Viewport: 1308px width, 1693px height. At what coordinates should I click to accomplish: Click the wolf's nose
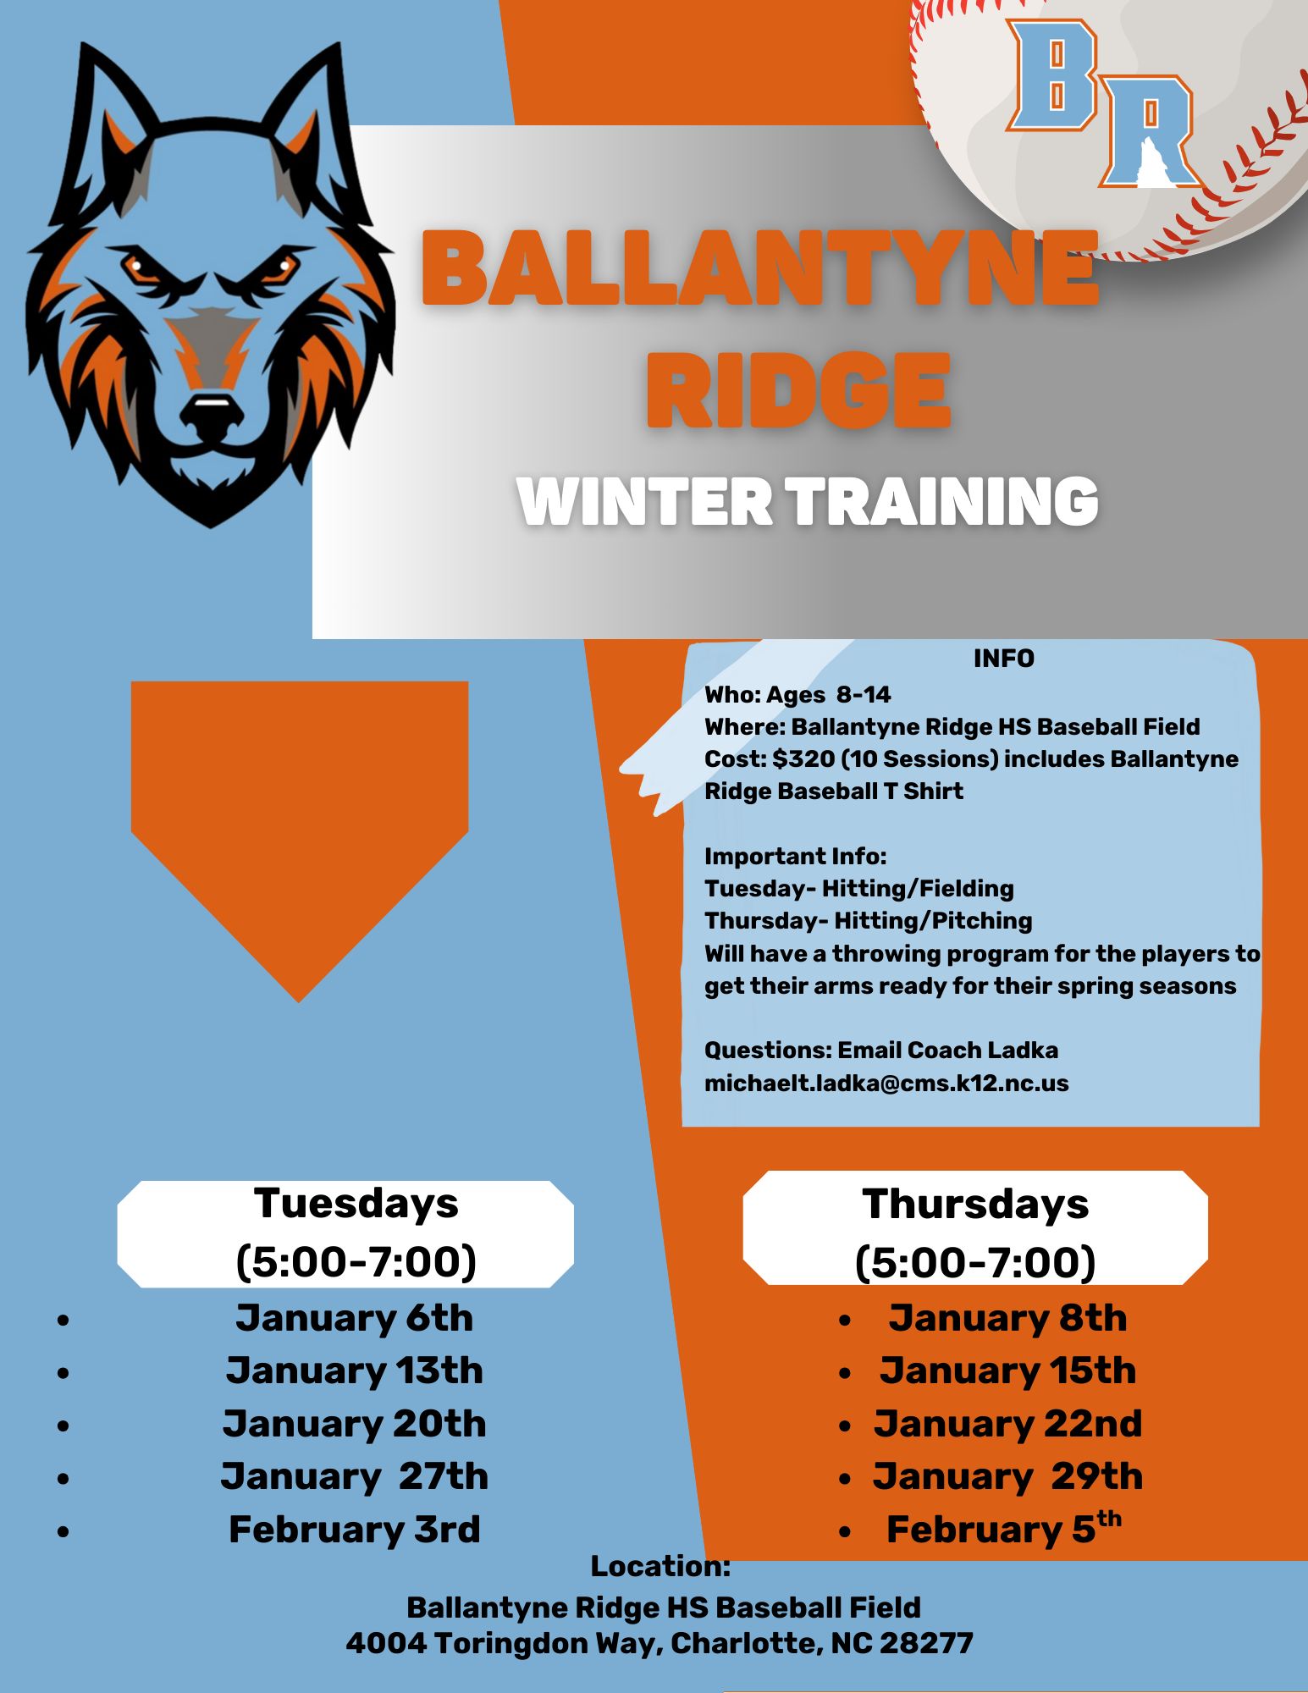(x=211, y=407)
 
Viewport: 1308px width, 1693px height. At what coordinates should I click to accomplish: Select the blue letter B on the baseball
(x=1052, y=76)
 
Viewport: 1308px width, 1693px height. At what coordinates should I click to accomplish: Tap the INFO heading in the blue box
(x=1004, y=659)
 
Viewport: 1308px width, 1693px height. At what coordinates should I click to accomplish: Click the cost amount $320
(x=803, y=759)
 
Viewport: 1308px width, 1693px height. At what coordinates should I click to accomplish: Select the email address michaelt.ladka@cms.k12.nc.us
(x=886, y=1084)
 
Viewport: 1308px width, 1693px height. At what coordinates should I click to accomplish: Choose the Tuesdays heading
(x=356, y=1203)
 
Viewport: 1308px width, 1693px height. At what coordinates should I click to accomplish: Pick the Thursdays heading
(x=975, y=1204)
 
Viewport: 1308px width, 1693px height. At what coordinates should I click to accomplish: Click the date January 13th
(x=354, y=1370)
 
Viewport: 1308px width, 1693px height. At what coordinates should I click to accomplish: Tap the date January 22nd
(x=1007, y=1424)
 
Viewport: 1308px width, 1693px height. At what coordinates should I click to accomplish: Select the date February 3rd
(x=355, y=1530)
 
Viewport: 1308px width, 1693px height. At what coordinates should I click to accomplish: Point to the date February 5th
(x=1004, y=1528)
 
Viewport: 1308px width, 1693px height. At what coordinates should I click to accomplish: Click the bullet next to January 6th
(x=63, y=1320)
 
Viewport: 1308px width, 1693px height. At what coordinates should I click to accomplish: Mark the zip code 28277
(x=926, y=1643)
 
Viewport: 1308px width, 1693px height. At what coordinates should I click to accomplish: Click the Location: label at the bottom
(x=660, y=1566)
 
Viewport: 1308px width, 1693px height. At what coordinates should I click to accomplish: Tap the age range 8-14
(x=864, y=695)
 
